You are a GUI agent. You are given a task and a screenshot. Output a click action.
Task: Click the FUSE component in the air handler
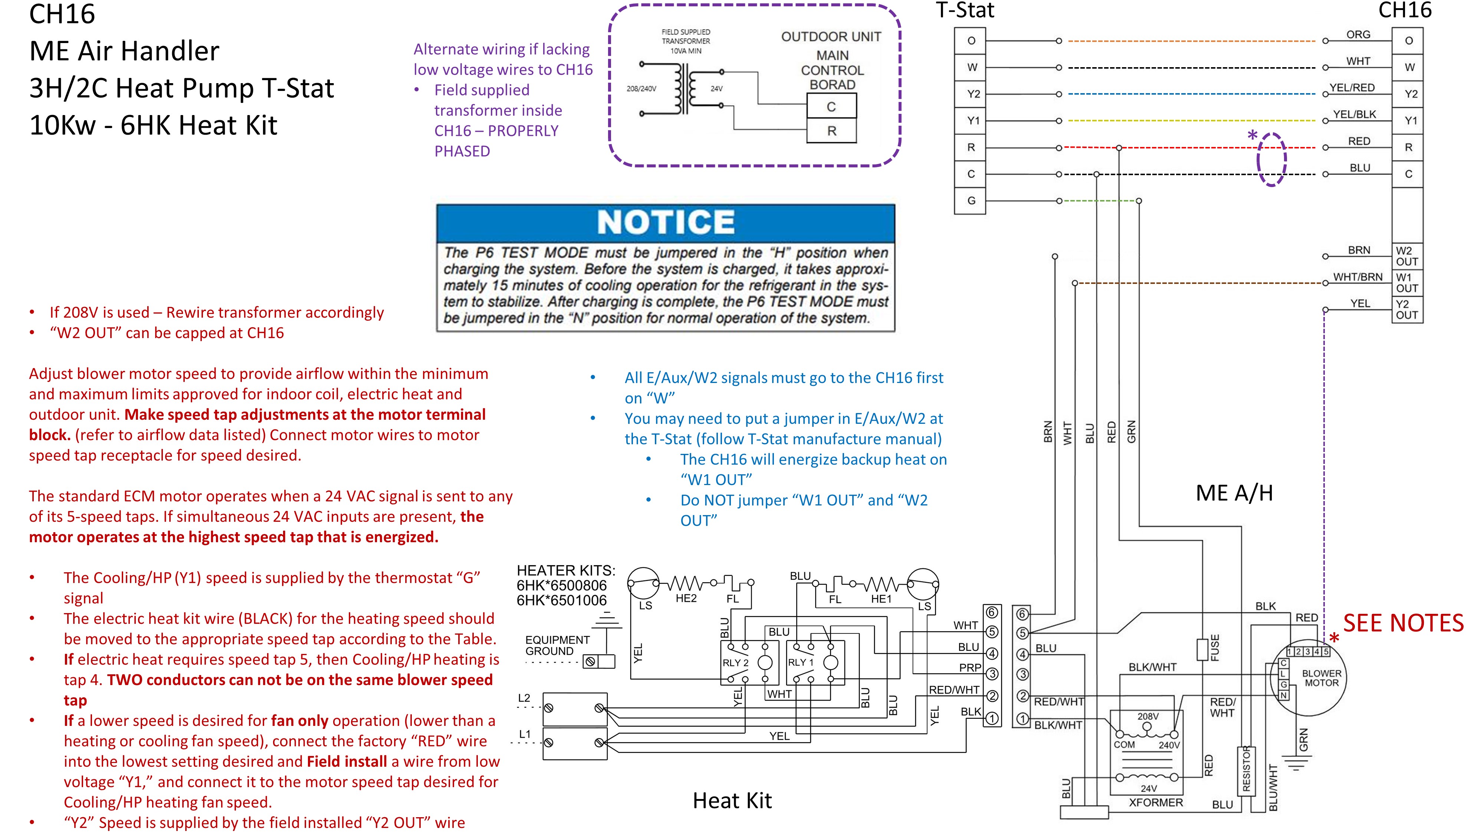1202,649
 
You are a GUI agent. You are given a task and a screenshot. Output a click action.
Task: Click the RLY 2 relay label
735,663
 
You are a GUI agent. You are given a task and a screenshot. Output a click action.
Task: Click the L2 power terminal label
523,698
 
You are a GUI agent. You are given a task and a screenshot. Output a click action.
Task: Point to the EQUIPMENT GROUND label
557,645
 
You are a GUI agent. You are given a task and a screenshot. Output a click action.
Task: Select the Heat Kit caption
732,800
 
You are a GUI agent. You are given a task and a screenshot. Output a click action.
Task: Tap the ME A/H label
1234,493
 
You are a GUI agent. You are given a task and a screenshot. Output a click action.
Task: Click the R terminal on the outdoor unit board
831,131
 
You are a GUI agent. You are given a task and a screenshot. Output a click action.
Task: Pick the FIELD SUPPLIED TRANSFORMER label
686,41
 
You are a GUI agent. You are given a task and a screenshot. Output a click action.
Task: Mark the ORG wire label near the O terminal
1358,35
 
